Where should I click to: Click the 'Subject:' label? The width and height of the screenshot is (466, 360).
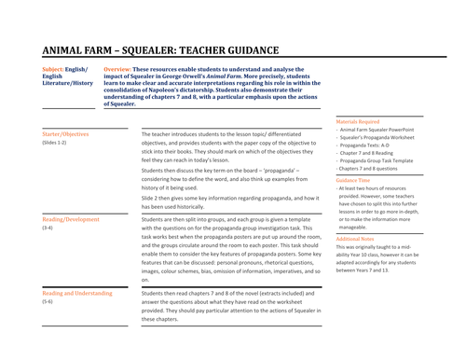[54, 70]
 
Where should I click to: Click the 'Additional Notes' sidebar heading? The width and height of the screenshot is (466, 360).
[358, 239]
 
